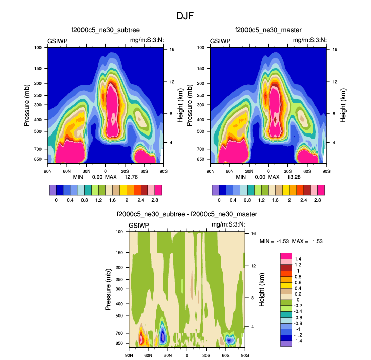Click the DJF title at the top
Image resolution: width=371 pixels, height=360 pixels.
[x=185, y=16]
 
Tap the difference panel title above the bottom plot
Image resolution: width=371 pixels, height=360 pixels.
[x=186, y=215]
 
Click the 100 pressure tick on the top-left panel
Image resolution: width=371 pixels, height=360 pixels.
[x=38, y=48]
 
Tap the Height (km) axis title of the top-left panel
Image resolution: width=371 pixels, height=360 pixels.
[x=181, y=105]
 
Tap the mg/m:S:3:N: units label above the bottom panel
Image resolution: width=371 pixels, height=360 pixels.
[x=228, y=225]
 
